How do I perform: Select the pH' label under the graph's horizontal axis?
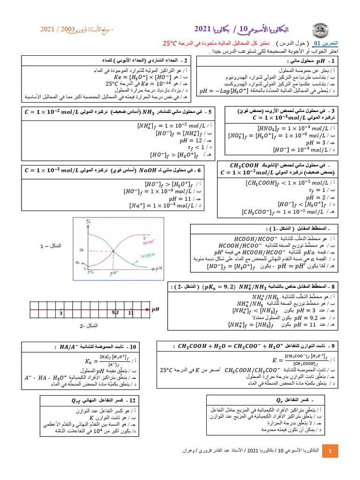113,273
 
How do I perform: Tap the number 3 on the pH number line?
61,312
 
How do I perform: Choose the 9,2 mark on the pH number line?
116,312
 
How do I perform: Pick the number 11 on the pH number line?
131,312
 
